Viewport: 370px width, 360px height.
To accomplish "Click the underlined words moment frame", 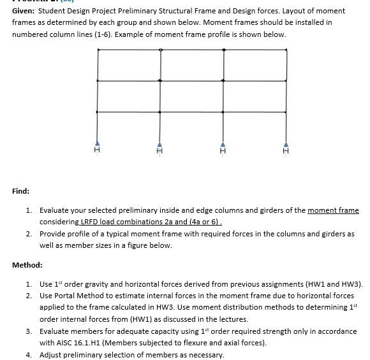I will pyautogui.click(x=333, y=210).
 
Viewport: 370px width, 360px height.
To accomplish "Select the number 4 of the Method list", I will pyautogui.click(x=29, y=354).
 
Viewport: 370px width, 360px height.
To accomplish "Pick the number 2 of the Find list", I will pyautogui.click(x=29, y=234).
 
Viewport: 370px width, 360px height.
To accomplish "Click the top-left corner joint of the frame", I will pyautogui.click(x=98, y=49).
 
